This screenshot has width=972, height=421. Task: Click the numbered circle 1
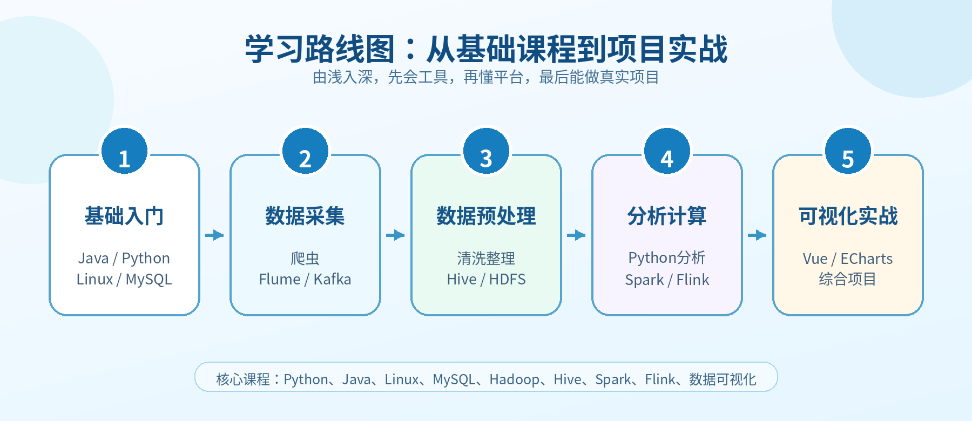(124, 151)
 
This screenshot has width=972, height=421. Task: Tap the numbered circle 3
(486, 151)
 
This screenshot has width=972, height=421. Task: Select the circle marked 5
(848, 151)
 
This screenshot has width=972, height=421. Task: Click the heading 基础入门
(124, 216)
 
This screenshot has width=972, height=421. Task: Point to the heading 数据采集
(305, 216)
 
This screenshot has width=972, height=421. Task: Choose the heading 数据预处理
(486, 216)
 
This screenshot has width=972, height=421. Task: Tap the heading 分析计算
(667, 216)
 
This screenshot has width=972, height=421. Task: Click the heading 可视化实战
(848, 216)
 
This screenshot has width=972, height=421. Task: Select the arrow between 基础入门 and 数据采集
(214, 235)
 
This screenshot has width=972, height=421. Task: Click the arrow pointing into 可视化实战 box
(757, 235)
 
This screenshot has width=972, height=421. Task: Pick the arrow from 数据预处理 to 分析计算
(576, 235)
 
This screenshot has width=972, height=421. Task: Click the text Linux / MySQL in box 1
(124, 280)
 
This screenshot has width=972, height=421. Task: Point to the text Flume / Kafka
(305, 280)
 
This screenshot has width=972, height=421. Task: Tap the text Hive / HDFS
(486, 280)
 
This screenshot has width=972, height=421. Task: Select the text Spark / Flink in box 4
(667, 280)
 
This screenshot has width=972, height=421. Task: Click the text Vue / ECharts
(848, 259)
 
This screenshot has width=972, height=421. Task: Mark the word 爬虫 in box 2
(305, 259)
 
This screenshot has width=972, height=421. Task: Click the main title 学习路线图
(320, 49)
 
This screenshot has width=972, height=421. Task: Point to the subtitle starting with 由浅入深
(486, 77)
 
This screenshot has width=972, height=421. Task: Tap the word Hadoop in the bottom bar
(514, 380)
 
